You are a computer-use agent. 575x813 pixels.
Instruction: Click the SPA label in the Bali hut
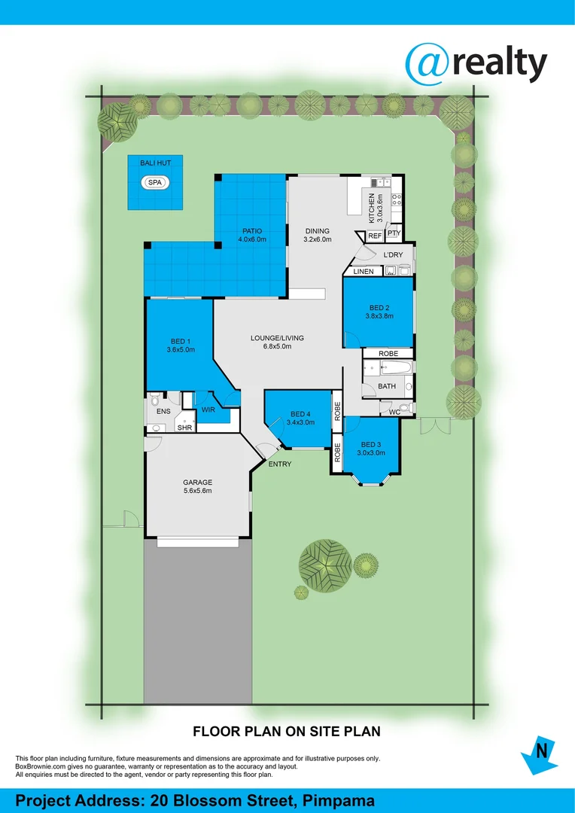[155, 183]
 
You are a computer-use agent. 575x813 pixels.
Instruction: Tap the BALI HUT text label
[155, 163]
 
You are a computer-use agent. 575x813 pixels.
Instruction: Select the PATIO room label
[251, 231]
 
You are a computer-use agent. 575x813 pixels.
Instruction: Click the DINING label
[318, 231]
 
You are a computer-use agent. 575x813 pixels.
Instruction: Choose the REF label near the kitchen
[375, 236]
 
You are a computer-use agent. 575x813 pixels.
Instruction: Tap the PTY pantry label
[394, 234]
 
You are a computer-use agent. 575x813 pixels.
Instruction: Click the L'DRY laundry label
[394, 255]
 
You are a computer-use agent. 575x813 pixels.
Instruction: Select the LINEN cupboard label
[364, 271]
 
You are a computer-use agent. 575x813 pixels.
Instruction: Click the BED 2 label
[379, 307]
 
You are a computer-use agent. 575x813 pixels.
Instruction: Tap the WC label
[394, 412]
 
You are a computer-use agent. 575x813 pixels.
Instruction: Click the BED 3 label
[371, 444]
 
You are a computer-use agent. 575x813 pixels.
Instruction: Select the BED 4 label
[300, 414]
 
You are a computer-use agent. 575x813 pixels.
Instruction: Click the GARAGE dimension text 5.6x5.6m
[197, 491]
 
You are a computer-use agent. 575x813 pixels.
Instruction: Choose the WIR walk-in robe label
[208, 410]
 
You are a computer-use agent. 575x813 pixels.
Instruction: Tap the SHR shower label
[184, 428]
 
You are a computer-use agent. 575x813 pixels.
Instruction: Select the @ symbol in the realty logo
[428, 64]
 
